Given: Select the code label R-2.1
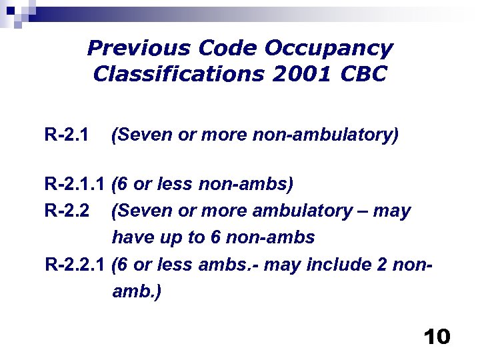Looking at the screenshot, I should [66, 136].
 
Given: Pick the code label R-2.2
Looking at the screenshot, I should [66, 211].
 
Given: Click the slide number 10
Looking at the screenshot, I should [437, 337].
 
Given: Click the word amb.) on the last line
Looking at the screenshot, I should [137, 292].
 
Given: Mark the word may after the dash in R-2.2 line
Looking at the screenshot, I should [392, 211].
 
